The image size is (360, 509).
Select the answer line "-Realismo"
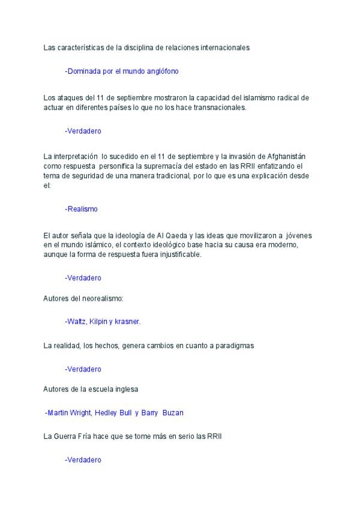(81, 209)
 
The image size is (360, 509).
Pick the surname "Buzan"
(172, 413)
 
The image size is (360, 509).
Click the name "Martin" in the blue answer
(59, 413)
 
